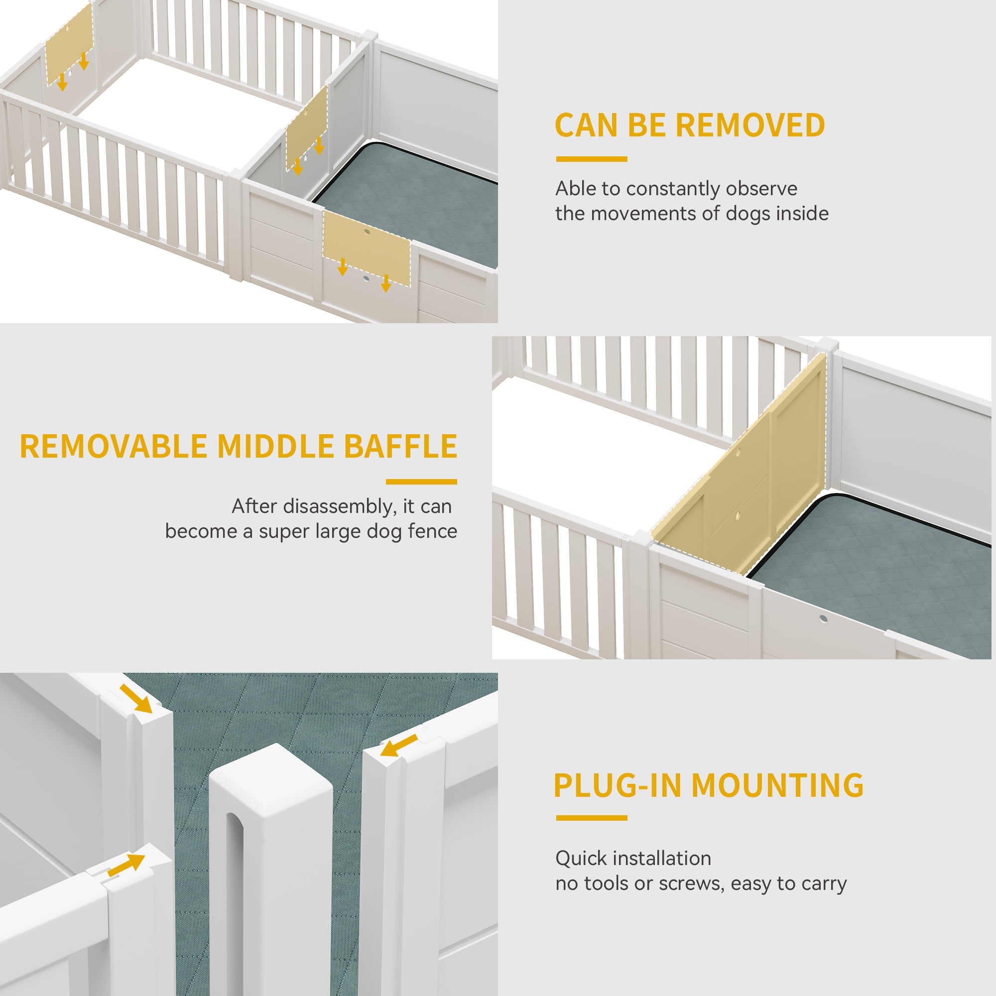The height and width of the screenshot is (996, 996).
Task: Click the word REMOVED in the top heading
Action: pyautogui.click(x=750, y=125)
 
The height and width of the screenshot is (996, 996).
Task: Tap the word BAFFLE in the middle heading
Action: pyautogui.click(x=400, y=446)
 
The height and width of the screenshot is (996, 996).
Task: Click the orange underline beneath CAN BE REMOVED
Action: pyautogui.click(x=592, y=159)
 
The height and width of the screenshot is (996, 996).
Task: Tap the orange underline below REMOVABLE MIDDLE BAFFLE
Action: pyautogui.click(x=421, y=482)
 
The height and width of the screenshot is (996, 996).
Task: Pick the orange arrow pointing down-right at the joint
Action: pyautogui.click(x=136, y=699)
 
